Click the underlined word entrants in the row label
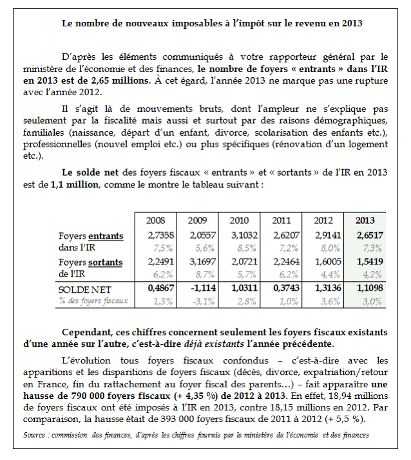click(106, 236)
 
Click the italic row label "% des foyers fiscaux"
click(93, 300)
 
